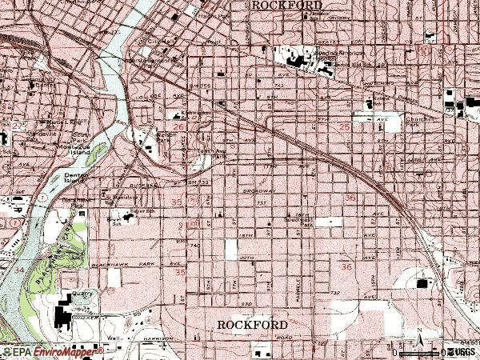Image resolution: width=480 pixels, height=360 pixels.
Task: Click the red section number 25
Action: coord(345,126)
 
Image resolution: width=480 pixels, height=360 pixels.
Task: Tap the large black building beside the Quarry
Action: coord(63,315)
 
